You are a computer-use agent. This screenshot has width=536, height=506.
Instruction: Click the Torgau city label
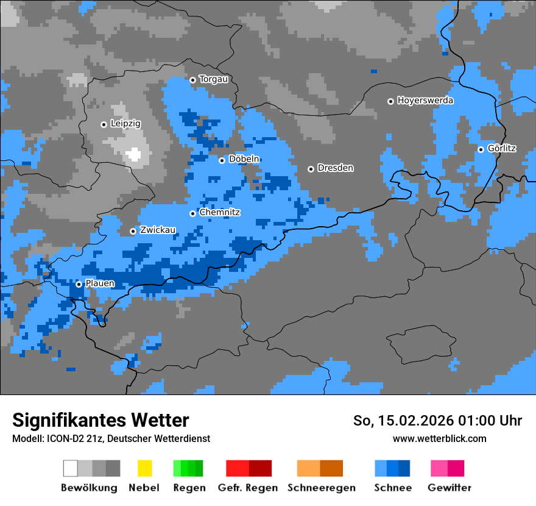tap(213, 79)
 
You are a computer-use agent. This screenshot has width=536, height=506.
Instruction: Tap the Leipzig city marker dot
tap(104, 124)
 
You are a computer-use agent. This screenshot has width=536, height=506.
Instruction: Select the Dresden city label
tap(335, 168)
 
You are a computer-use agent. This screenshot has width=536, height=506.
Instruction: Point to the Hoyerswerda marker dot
tap(390, 101)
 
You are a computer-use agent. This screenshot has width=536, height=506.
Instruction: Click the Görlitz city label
tap(502, 148)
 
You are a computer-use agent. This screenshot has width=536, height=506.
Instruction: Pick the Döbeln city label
tap(244, 159)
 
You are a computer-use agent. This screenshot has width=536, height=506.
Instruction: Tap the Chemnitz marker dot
tap(192, 213)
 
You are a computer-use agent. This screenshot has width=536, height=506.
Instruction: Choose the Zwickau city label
tap(158, 230)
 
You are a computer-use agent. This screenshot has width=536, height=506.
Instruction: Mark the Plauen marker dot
tap(79, 284)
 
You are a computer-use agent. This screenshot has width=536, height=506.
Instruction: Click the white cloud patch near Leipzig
tap(133, 154)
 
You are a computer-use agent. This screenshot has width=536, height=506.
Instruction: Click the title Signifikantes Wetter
tap(100, 420)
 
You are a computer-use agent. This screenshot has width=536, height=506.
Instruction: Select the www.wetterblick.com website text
tap(439, 438)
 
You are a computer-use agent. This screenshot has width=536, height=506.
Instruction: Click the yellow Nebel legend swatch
tap(144, 468)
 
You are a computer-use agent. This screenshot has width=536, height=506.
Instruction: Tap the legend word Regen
tap(188, 488)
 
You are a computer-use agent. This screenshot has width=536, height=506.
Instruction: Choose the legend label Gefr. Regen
tap(248, 488)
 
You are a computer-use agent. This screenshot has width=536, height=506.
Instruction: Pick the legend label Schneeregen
tap(321, 488)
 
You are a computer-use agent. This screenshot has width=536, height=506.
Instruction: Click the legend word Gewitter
tap(450, 488)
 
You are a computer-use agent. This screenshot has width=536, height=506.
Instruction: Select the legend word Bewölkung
tap(89, 488)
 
